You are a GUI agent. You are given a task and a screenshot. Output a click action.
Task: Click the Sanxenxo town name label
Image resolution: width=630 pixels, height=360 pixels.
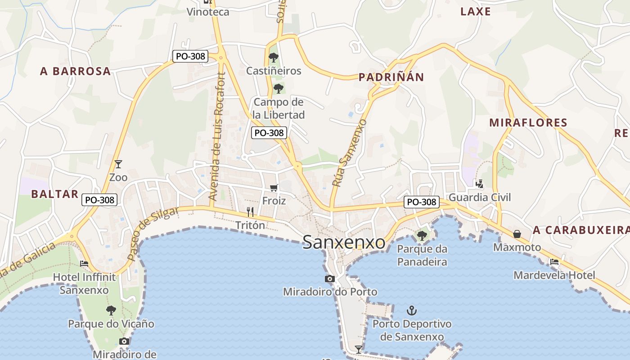344,242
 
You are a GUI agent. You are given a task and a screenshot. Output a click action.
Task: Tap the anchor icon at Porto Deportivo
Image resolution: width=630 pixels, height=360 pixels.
411,310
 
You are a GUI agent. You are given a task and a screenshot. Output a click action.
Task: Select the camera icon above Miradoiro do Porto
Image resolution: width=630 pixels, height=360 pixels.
330,279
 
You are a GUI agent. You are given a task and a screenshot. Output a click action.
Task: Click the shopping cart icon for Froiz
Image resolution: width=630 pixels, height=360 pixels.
274,188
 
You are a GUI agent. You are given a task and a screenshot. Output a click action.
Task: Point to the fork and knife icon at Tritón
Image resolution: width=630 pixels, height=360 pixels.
250,211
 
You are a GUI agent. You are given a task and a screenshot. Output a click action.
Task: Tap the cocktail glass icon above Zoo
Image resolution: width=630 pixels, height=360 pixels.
118,164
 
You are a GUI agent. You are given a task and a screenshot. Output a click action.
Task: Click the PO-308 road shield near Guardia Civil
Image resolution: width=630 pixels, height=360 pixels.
421,202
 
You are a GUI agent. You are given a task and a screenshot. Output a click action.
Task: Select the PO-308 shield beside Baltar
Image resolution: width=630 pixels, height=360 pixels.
99,200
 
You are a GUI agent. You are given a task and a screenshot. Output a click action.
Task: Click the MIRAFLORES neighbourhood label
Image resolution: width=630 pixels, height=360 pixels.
528,122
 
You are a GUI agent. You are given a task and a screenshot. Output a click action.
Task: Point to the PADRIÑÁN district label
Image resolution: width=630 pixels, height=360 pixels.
391,77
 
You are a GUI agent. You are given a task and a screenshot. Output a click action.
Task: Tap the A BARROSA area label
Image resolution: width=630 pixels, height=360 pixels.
75,71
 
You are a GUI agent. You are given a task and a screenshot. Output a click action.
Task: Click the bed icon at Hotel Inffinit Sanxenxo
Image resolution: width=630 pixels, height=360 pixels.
84,264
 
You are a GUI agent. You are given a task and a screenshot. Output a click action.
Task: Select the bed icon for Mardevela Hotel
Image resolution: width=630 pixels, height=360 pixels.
554,262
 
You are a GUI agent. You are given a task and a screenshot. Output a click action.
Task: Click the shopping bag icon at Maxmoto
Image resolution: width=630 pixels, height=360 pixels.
517,234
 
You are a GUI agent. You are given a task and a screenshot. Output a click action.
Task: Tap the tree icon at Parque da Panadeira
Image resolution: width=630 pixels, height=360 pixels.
422,235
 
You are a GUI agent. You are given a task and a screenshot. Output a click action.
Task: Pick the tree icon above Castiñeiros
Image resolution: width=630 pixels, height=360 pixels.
273,58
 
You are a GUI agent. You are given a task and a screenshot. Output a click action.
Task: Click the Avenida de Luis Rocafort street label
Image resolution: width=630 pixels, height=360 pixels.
217,136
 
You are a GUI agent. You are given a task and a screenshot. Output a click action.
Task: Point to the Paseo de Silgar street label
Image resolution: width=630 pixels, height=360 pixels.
153,234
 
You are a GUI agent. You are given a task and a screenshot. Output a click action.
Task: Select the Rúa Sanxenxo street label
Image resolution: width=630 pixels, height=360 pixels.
349,153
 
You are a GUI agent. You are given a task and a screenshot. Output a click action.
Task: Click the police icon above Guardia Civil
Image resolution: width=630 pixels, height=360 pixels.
480,184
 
